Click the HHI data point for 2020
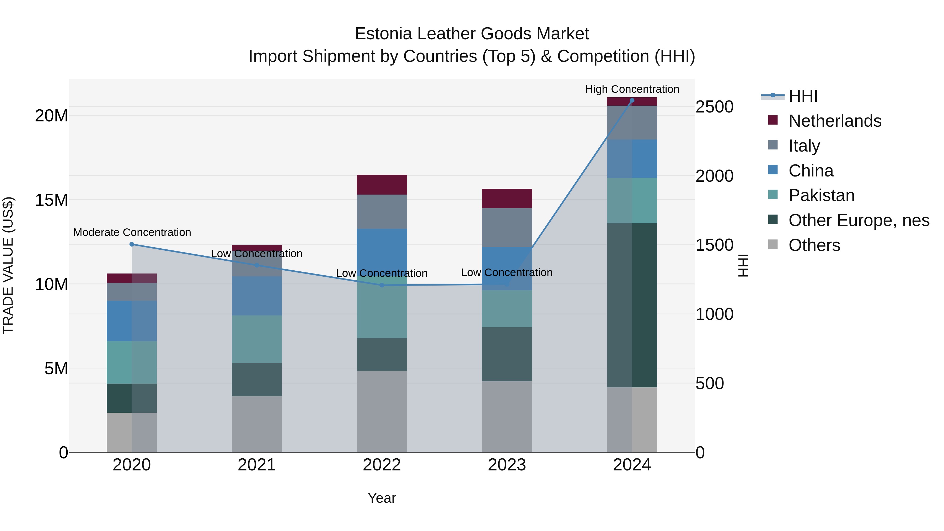coord(132,244)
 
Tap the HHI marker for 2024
coord(632,100)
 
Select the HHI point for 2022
coord(382,285)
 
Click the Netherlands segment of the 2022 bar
coord(382,185)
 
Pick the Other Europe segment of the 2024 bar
coord(632,305)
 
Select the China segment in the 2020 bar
coord(132,321)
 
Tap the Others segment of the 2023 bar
coord(507,417)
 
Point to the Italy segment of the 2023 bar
coord(507,228)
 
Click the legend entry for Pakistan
coord(821,195)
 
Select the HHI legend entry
coord(803,96)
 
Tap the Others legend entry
coord(814,245)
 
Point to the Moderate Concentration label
coord(132,232)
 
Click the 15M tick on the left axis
coord(51,200)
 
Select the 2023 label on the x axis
coord(507,465)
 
